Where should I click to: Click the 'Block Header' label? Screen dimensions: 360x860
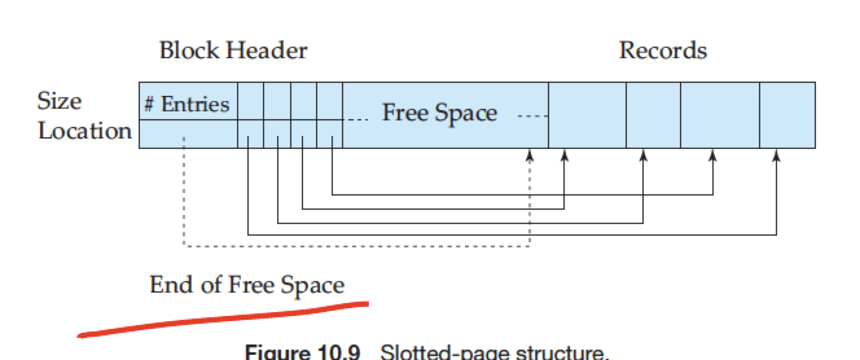click(233, 51)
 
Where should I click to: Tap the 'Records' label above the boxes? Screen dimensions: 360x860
click(662, 51)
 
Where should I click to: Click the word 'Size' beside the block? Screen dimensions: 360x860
click(60, 102)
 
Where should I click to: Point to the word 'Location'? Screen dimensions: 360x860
click(85, 131)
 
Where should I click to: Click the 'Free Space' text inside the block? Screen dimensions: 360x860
click(439, 113)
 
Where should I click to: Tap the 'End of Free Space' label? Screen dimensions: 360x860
click(247, 285)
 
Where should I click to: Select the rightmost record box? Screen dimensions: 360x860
click(787, 115)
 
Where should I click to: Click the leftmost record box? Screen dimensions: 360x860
click(587, 115)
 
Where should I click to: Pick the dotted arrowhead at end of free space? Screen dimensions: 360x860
click(530, 155)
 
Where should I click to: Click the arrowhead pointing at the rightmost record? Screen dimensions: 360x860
click(776, 155)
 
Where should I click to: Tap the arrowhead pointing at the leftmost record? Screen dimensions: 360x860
click(564, 155)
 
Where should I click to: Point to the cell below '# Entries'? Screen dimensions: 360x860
click(188, 133)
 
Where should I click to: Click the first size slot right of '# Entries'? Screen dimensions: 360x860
click(251, 101)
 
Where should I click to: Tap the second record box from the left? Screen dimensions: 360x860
click(653, 115)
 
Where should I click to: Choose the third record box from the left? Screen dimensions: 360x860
click(719, 115)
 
